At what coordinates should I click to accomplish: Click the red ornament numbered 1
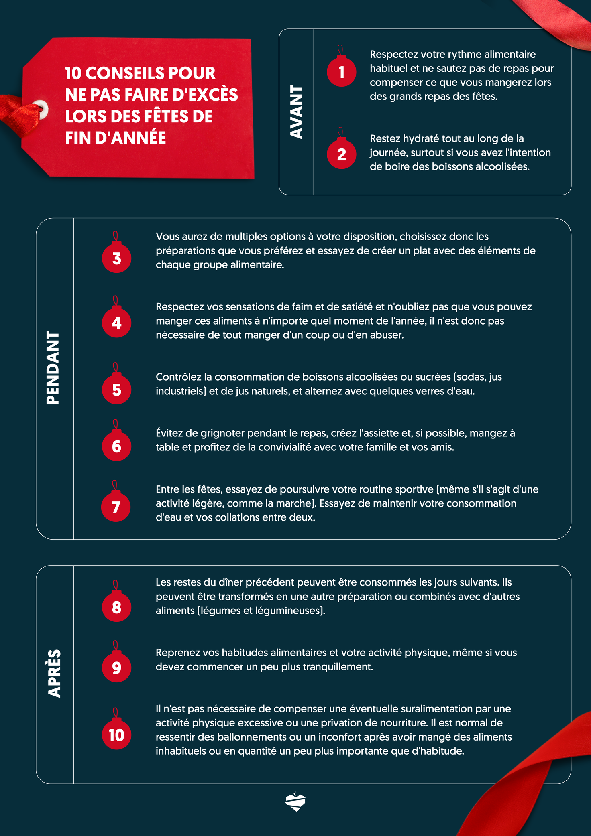tap(341, 72)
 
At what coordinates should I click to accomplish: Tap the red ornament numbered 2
tap(341, 154)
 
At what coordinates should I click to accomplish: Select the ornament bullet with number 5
tap(116, 390)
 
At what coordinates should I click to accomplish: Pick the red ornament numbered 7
tap(116, 507)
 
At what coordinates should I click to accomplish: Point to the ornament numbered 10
tap(116, 735)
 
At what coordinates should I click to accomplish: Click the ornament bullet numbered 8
tap(116, 607)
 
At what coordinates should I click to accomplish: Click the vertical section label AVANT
tap(296, 112)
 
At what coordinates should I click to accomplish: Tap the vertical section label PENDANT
tap(53, 367)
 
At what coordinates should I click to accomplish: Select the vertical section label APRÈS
tap(54, 674)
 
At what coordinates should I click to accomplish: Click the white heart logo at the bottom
tap(295, 802)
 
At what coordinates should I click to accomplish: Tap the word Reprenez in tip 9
tap(177, 653)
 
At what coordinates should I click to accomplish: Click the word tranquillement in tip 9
tap(338, 667)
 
